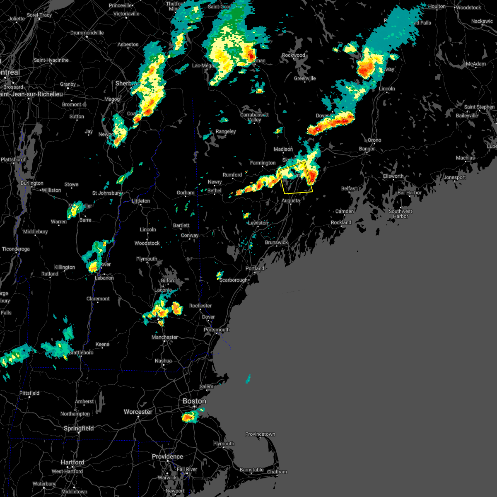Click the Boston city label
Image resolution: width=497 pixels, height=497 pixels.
click(194, 401)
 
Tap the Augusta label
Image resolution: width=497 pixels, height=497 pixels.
click(290, 200)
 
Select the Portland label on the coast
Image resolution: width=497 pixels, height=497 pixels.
click(255, 268)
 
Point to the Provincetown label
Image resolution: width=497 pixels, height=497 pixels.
click(260, 434)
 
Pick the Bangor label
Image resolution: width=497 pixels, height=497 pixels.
click(367, 149)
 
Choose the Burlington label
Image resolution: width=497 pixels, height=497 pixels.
click(32, 183)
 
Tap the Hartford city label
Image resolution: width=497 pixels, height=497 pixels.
click(72, 462)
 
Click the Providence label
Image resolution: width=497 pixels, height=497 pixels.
click(167, 456)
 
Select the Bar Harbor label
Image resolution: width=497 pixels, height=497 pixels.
click(409, 193)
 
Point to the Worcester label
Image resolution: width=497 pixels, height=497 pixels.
click(138, 412)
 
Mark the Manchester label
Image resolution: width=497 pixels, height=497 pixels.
click(164, 337)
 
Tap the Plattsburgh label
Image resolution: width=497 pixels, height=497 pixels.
click(14, 159)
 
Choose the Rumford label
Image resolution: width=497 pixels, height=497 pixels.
click(232, 175)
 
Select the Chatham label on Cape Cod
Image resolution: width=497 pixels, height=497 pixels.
click(277, 472)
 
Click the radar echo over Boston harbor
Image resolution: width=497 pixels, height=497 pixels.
click(192, 416)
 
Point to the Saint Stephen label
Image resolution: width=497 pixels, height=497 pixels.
click(479, 107)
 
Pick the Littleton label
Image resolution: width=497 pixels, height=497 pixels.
click(141, 201)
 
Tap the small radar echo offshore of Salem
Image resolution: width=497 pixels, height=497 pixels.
click(248, 379)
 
